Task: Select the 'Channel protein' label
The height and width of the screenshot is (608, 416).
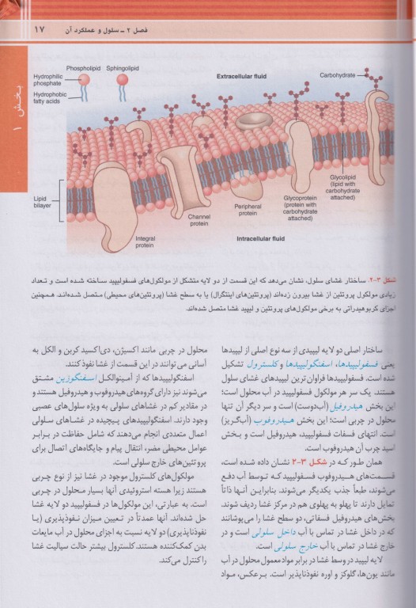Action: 199,219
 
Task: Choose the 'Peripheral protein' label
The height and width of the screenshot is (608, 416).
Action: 248,210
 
